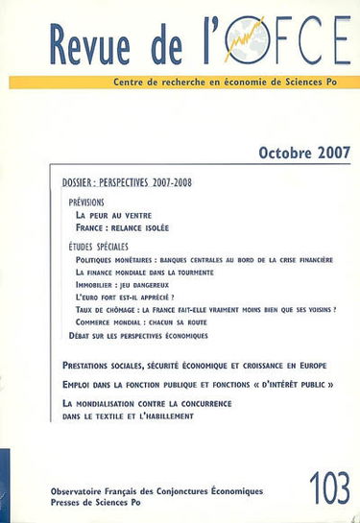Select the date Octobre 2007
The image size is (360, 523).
(300, 152)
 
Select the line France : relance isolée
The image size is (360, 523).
(132, 228)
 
